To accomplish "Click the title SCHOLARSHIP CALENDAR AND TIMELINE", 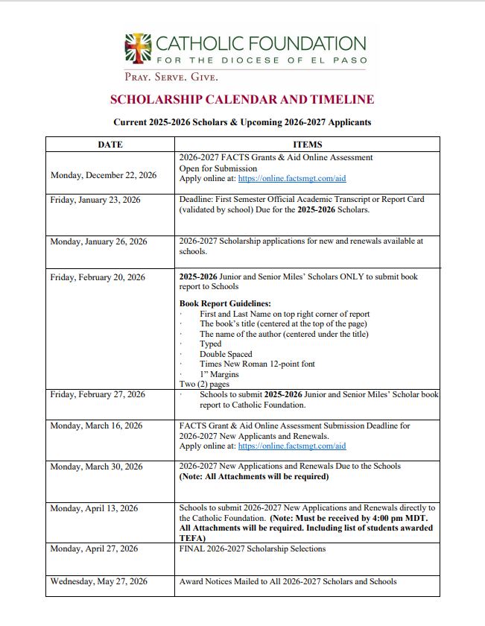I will click(242, 100).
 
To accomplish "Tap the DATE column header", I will click(110, 144).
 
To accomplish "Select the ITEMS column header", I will click(308, 144).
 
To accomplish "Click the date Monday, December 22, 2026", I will click(104, 175).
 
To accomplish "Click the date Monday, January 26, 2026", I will click(98, 241).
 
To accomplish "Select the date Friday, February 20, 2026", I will click(98, 277).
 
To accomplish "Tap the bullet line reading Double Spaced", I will click(226, 354).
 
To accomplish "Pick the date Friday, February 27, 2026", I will click(98, 394).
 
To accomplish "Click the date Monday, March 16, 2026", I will click(97, 426).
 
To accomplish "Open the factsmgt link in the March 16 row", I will click(292, 446).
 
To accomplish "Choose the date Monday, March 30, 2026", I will click(96, 467).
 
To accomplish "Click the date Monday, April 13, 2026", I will click(94, 508).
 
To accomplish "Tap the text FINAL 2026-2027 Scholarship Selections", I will click(253, 549).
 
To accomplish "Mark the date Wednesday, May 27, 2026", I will click(99, 581).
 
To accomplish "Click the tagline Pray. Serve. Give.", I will click(171, 77).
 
